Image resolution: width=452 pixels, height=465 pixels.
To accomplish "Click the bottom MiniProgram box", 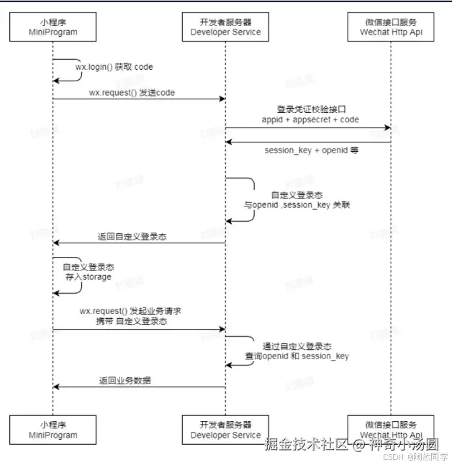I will point(53,430).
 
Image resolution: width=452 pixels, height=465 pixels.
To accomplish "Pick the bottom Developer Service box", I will point(225,430).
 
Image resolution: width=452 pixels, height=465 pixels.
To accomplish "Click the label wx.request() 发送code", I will point(132,92).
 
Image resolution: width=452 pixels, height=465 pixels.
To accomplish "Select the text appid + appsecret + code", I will point(310,119).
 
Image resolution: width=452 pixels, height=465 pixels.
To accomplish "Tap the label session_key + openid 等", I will point(312,150).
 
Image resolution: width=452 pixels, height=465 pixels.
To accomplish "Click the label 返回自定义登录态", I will point(132,236).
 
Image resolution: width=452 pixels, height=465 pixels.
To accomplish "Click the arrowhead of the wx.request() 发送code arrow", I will point(222,99).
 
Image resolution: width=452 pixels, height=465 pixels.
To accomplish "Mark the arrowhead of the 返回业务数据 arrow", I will point(57,387).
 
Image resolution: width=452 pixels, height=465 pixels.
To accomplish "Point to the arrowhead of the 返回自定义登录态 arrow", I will point(57,243).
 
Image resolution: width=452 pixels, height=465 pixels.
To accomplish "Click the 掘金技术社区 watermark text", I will point(307,445).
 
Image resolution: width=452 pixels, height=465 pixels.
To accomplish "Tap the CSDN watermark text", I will point(392,456).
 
